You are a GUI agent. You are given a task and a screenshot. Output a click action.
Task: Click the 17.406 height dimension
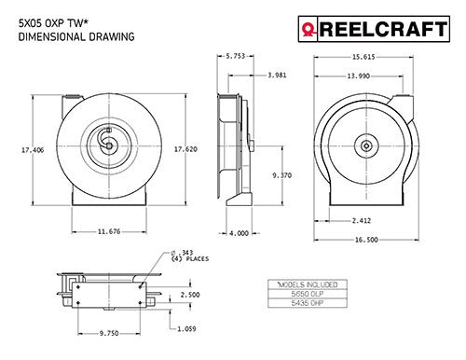click(33, 150)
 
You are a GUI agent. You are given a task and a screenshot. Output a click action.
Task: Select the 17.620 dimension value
click(185, 149)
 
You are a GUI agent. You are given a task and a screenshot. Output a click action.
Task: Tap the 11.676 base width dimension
click(109, 231)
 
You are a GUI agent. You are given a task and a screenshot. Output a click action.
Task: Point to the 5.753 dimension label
click(235, 56)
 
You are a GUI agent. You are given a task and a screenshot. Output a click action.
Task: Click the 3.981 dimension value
click(277, 75)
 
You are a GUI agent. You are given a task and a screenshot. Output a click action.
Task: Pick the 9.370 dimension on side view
click(282, 175)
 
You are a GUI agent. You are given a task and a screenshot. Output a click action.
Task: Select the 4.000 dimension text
click(239, 233)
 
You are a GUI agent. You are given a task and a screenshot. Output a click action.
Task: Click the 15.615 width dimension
click(363, 57)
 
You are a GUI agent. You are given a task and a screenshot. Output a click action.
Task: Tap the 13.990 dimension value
click(358, 76)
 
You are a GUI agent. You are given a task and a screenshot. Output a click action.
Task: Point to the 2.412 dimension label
click(362, 221)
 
